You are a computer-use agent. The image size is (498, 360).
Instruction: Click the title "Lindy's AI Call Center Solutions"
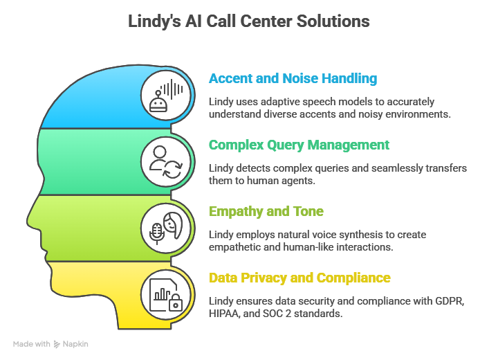[249, 21]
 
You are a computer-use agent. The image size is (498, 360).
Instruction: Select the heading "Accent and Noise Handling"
[293, 79]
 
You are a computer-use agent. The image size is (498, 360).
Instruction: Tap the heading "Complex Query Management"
[299, 145]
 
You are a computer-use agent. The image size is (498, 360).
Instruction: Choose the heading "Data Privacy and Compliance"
[299, 278]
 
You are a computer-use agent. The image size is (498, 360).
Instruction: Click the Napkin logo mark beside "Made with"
[57, 343]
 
